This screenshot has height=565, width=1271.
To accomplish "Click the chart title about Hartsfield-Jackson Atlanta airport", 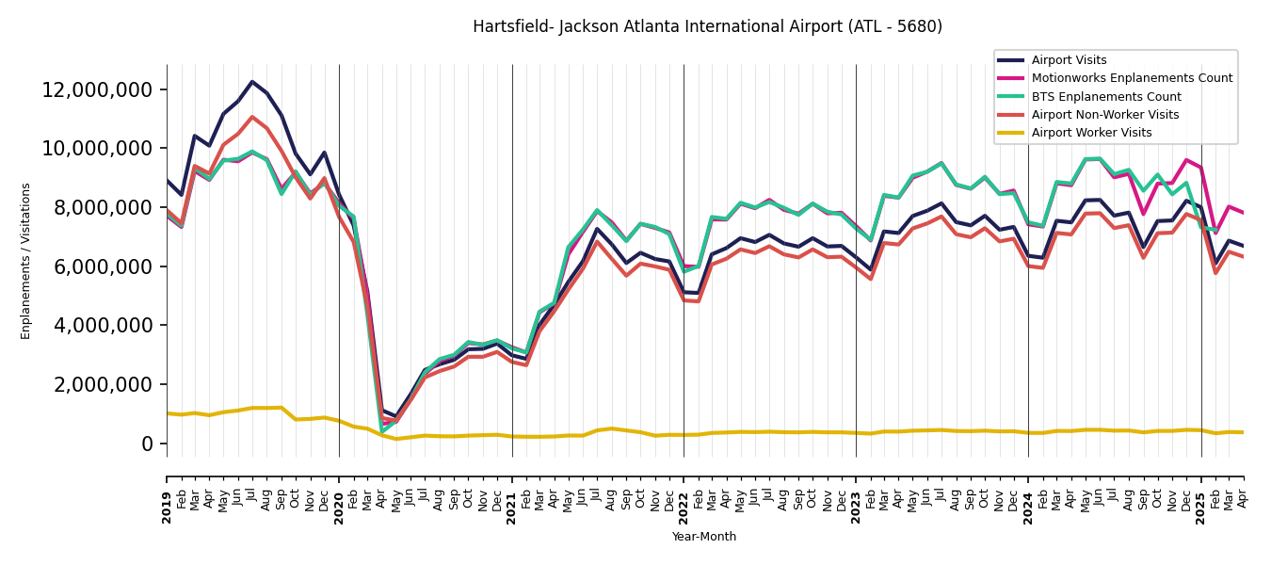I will (x=707, y=27).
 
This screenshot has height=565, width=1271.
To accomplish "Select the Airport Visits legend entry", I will (x=1069, y=60).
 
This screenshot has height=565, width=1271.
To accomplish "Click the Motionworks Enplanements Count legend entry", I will (x=1132, y=78).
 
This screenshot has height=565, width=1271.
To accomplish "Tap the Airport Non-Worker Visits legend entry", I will (x=1104, y=115).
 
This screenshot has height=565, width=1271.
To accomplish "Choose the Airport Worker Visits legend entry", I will (x=1091, y=133).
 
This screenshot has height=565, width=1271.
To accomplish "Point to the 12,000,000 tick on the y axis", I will (x=98, y=90).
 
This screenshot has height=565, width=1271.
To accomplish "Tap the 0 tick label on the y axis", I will (x=148, y=444).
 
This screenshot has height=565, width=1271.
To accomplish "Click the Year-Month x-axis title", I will (x=704, y=537).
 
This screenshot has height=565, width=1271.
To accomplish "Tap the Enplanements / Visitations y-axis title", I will (x=26, y=261).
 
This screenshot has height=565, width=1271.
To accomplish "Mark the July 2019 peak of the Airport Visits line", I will (x=252, y=82).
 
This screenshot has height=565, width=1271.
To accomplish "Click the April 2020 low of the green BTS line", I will (x=382, y=430).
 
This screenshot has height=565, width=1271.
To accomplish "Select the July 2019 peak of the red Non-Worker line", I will (x=252, y=117).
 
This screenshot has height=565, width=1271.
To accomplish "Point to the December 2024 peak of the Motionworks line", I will (x=1186, y=160).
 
